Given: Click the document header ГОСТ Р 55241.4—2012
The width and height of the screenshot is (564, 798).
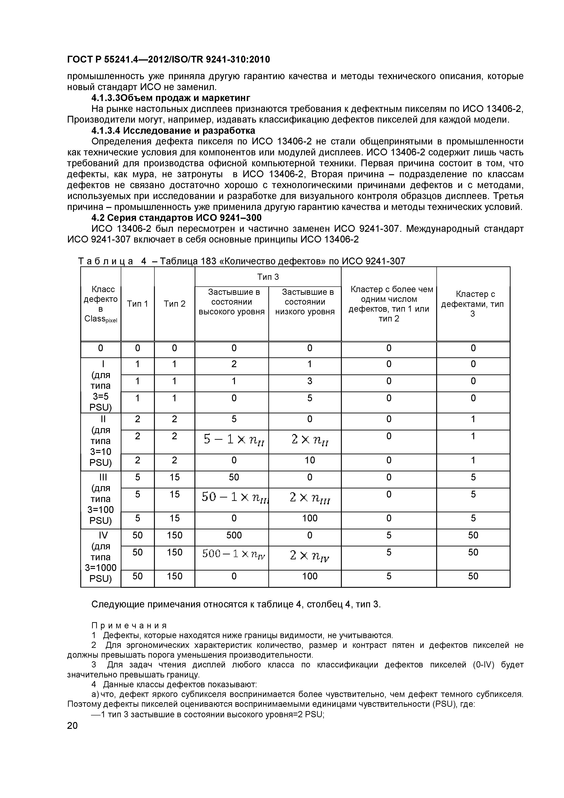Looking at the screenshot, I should pyautogui.click(x=168, y=60).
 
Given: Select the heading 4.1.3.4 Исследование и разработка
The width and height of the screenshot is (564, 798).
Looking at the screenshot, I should pyautogui.click(x=173, y=131).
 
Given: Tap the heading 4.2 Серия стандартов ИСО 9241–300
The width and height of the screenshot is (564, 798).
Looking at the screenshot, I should pyautogui.click(x=176, y=218).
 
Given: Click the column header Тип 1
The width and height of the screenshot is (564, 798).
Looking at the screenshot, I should pyautogui.click(x=137, y=304).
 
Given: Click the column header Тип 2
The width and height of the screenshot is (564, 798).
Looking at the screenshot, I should pyautogui.click(x=174, y=304).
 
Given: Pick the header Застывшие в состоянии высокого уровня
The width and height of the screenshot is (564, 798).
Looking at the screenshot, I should pyautogui.click(x=232, y=302).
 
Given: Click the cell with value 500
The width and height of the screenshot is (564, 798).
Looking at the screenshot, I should pyautogui.click(x=234, y=535).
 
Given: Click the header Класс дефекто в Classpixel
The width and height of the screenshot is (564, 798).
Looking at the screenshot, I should pyautogui.click(x=101, y=304).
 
